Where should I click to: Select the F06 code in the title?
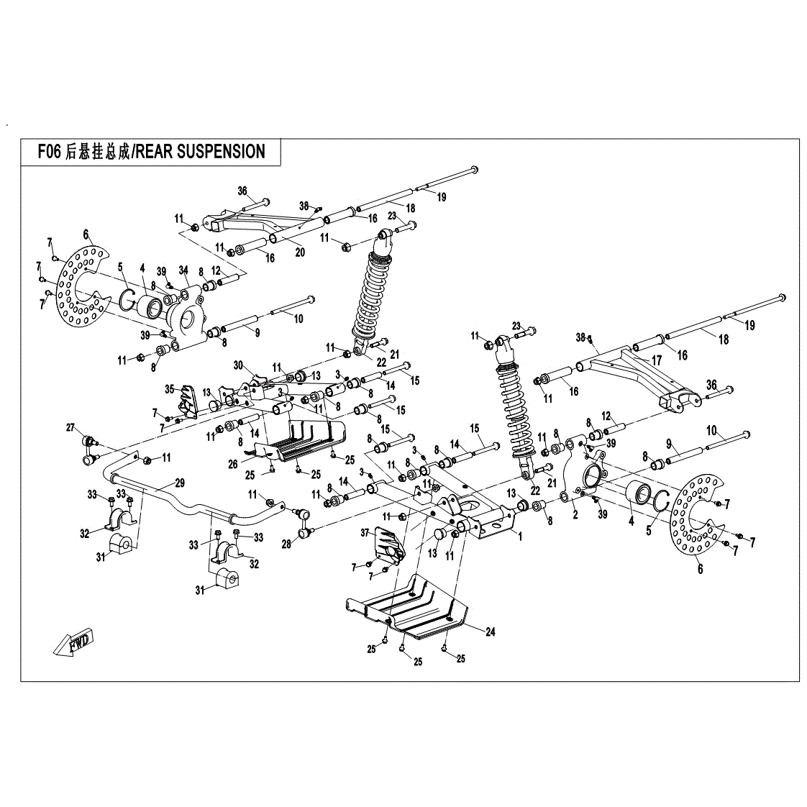coord(50,152)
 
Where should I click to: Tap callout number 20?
coord(300,252)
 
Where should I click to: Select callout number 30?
coord(239,365)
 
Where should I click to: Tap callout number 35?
coord(170,388)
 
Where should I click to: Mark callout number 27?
coord(71,428)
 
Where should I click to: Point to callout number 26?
coord(233,464)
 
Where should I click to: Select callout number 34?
coord(183,270)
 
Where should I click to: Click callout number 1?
coord(519,535)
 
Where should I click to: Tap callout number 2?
coord(575,514)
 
